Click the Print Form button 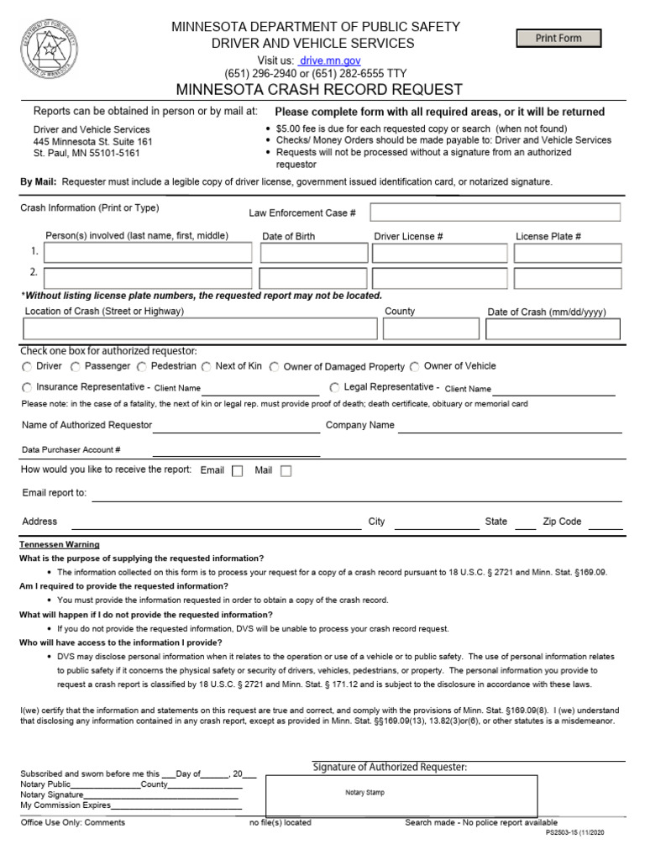pyautogui.click(x=558, y=38)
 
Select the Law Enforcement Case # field pyautogui.click(x=495, y=212)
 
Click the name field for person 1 pyautogui.click(x=148, y=253)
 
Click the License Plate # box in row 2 pyautogui.click(x=568, y=278)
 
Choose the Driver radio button pyautogui.click(x=27, y=367)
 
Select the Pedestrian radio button pyautogui.click(x=142, y=367)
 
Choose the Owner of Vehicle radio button pyautogui.click(x=415, y=367)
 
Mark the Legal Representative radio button pyautogui.click(x=334, y=387)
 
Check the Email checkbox pyautogui.click(x=237, y=471)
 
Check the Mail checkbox pyautogui.click(x=286, y=471)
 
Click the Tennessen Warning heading pyautogui.click(x=60, y=545)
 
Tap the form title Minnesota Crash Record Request pyautogui.click(x=319, y=89)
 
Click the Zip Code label pyautogui.click(x=562, y=522)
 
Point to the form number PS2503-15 pyautogui.click(x=574, y=832)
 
